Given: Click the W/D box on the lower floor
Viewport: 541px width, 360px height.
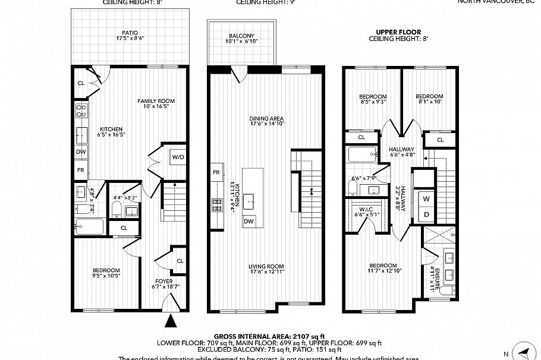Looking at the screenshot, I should tap(177, 157).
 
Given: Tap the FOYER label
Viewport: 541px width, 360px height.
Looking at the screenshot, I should tap(164, 281).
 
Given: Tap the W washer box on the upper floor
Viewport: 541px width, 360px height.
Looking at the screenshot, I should tap(426, 197).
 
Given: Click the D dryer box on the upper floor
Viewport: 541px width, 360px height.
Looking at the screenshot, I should tap(426, 214).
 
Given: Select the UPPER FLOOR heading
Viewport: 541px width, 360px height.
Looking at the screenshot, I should tap(398, 31).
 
